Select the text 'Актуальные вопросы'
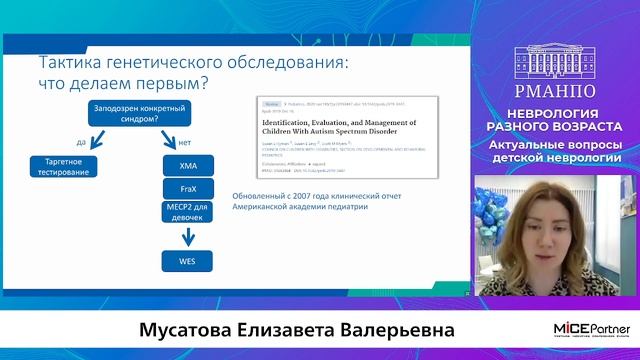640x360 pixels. [559, 145]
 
